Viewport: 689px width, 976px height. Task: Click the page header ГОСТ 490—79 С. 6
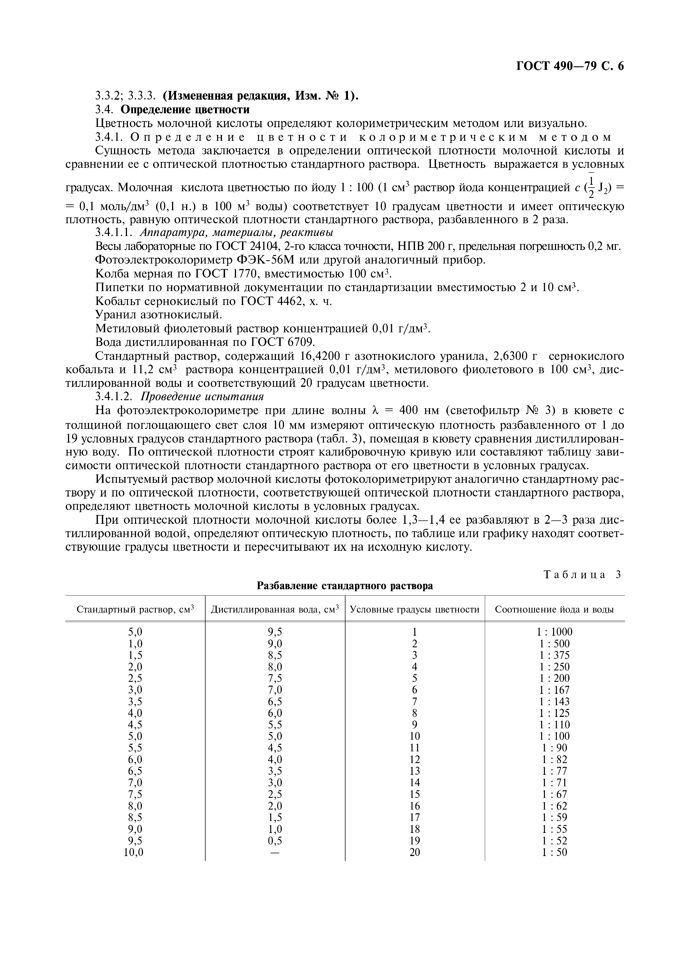pyautogui.click(x=570, y=66)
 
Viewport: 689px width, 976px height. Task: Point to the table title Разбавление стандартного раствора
pyautogui.click(x=345, y=586)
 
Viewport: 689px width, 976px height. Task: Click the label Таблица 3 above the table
pyautogui.click(x=582, y=575)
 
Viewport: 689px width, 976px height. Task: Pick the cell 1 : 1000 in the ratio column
pyautogui.click(x=554, y=632)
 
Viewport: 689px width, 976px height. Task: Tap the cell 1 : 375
pyautogui.click(x=554, y=655)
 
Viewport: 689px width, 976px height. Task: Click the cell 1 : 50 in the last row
pyautogui.click(x=554, y=852)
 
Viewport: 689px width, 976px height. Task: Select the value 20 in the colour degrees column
pyautogui.click(x=414, y=852)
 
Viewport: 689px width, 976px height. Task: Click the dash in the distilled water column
pyautogui.click(x=275, y=852)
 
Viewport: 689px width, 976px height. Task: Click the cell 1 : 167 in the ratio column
pyautogui.click(x=554, y=690)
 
